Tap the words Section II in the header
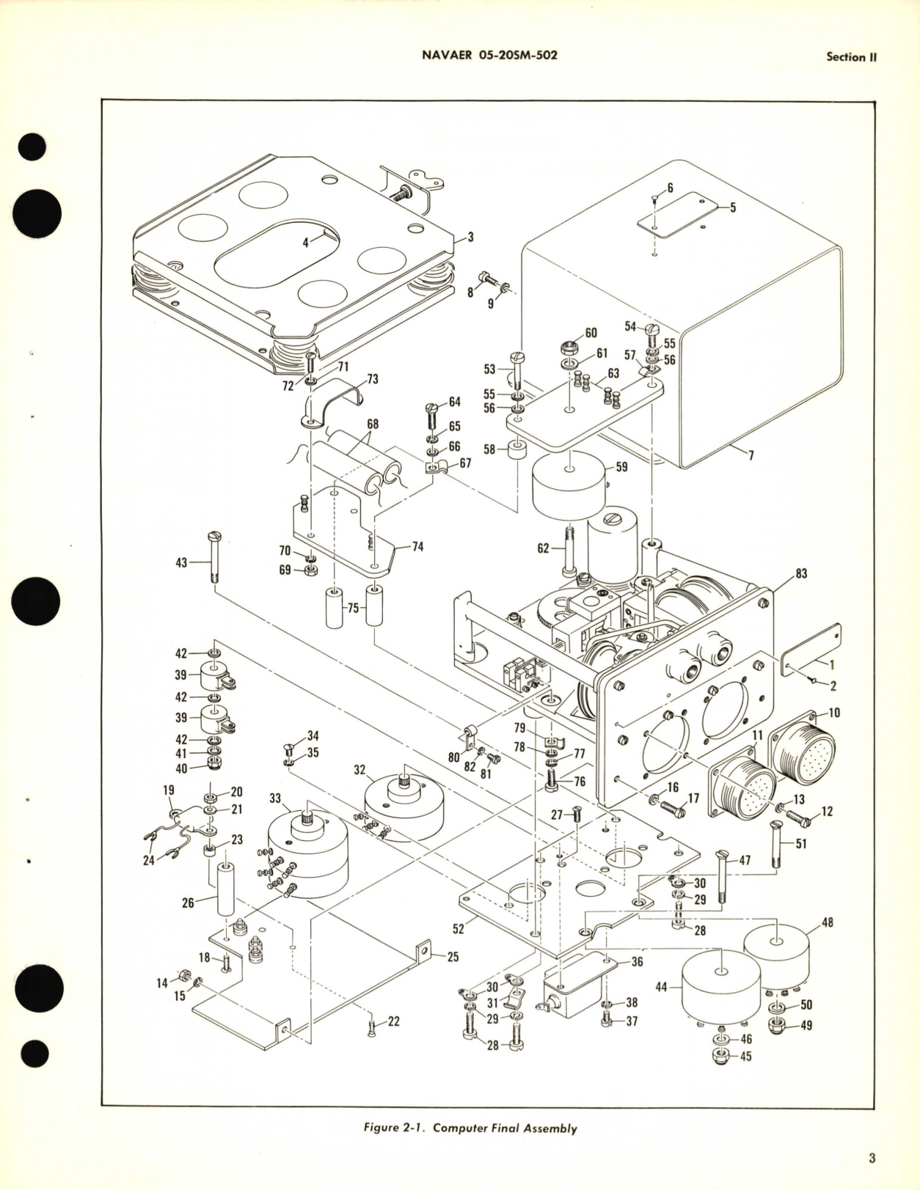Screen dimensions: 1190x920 point(851,56)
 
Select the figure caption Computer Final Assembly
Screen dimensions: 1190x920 point(470,1128)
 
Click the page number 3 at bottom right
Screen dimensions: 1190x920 point(872,1159)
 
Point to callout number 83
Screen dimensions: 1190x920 point(801,573)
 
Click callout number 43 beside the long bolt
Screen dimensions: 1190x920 point(180,563)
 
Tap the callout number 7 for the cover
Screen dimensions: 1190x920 point(751,455)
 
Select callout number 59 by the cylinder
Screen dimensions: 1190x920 point(621,466)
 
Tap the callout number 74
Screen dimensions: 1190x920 point(417,547)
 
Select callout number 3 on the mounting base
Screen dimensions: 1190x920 point(470,237)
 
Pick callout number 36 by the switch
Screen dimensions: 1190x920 point(637,961)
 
